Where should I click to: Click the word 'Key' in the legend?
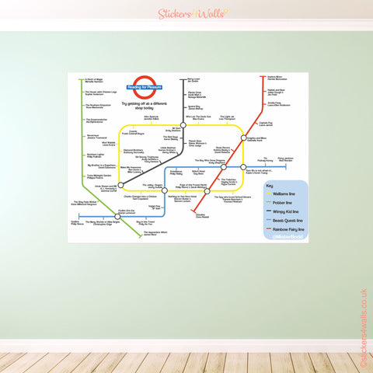point(269,187)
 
